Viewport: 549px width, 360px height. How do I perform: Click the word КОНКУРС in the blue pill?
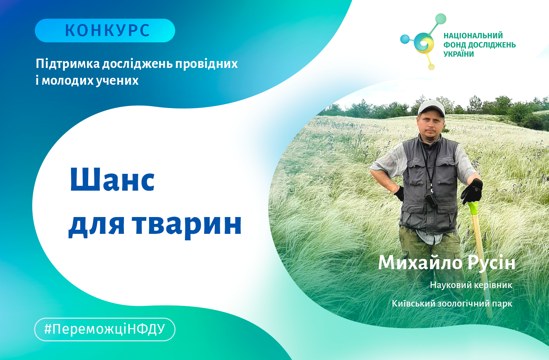point(107,31)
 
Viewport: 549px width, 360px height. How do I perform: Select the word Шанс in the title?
point(112,180)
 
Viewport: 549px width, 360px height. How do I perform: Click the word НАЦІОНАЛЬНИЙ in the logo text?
point(473,36)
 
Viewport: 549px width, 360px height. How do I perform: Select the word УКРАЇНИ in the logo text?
point(458,54)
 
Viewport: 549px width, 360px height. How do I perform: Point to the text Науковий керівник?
point(471,285)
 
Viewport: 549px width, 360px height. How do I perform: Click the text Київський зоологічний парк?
point(452,304)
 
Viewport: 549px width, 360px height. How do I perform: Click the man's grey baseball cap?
point(431,108)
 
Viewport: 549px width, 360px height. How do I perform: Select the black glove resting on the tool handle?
point(471,191)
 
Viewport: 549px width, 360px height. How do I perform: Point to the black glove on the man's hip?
point(399,193)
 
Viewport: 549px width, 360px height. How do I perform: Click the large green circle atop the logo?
point(441,19)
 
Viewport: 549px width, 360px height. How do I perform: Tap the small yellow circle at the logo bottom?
point(431,67)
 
